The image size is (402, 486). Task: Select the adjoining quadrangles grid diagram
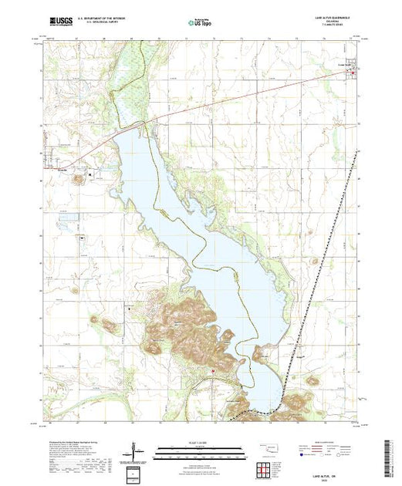click(x=266, y=468)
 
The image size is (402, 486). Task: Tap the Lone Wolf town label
click(x=344, y=64)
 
